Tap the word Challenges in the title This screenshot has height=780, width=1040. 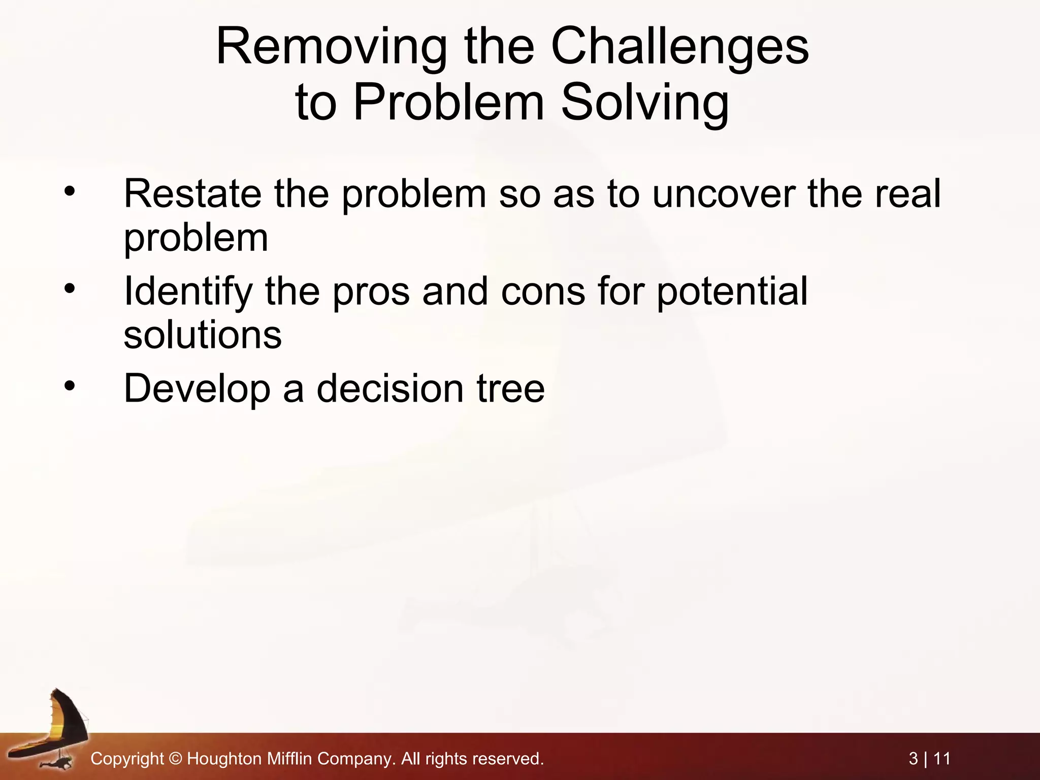coord(680,47)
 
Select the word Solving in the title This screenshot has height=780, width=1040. coord(645,103)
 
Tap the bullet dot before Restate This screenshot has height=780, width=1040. coord(70,191)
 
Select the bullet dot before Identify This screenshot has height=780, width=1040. coord(70,289)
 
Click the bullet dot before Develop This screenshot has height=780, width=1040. coord(70,386)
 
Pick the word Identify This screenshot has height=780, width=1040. coord(188,291)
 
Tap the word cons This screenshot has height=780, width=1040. coord(543,291)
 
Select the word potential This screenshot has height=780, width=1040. coord(732,291)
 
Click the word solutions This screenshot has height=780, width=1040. coord(203,335)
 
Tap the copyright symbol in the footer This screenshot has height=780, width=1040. coord(175,759)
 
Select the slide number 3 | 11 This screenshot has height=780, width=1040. coord(929,759)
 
